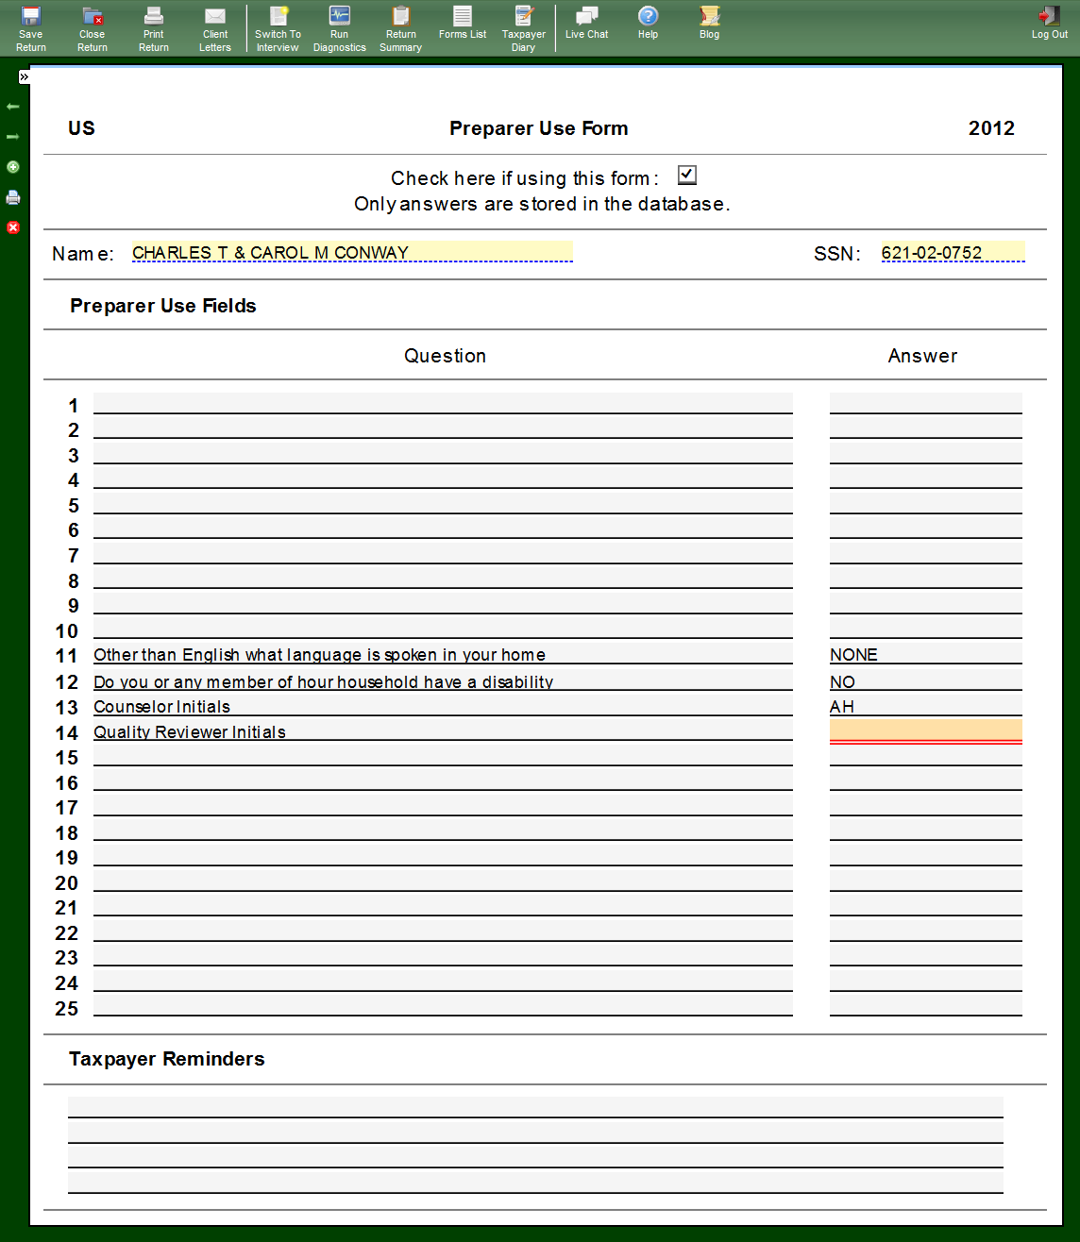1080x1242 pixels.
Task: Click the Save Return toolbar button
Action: click(x=31, y=28)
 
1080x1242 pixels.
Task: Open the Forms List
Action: click(x=463, y=24)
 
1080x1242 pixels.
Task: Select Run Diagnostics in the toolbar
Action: click(x=339, y=28)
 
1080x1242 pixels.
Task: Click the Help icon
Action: click(x=648, y=23)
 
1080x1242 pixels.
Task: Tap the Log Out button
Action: click(x=1049, y=24)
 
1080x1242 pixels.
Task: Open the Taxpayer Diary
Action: click(x=523, y=28)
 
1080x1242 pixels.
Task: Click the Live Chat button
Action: click(x=586, y=23)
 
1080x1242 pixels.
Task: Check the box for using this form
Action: click(x=687, y=176)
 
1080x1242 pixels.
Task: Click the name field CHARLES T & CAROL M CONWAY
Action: click(x=351, y=252)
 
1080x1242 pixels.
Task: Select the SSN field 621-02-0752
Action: click(x=952, y=252)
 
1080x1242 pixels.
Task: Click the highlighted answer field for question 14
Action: click(x=925, y=730)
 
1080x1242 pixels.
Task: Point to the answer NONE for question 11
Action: click(x=854, y=655)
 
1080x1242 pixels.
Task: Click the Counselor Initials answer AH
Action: click(x=842, y=707)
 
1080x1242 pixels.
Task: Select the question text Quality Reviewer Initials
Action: click(x=190, y=732)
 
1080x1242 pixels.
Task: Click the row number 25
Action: click(x=67, y=1009)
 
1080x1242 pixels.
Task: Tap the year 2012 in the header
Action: click(x=991, y=128)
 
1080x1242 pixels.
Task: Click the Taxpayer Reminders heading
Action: click(x=167, y=1059)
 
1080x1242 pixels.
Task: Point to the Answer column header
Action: click(x=922, y=356)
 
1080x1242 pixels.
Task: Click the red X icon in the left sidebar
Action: click(x=13, y=227)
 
